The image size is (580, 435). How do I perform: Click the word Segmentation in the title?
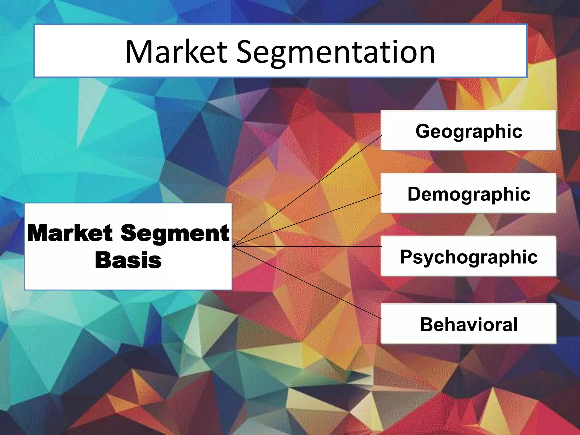336,53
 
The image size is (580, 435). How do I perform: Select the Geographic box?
468,131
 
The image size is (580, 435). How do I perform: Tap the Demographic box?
468,193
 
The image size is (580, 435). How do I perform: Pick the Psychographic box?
468,256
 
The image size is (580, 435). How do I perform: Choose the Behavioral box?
468,324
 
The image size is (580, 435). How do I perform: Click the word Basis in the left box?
128,260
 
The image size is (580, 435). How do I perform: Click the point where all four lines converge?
233,247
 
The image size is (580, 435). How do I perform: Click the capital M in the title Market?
140,52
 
